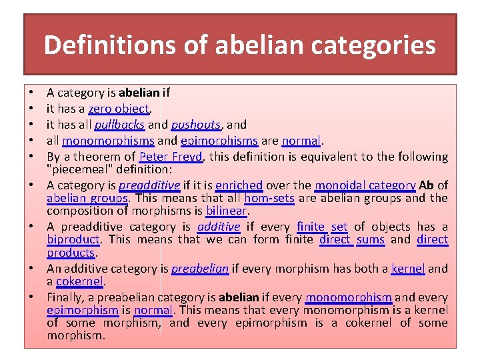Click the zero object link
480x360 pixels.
tap(119, 109)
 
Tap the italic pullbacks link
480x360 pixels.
tap(119, 125)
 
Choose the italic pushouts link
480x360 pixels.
tap(196, 125)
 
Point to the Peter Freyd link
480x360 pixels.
tap(171, 157)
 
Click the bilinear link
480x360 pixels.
tap(227, 211)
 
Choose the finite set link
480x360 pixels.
tap(322, 227)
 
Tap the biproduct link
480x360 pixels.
tap(73, 239)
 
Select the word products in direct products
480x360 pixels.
tap(71, 253)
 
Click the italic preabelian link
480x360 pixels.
tap(200, 269)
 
